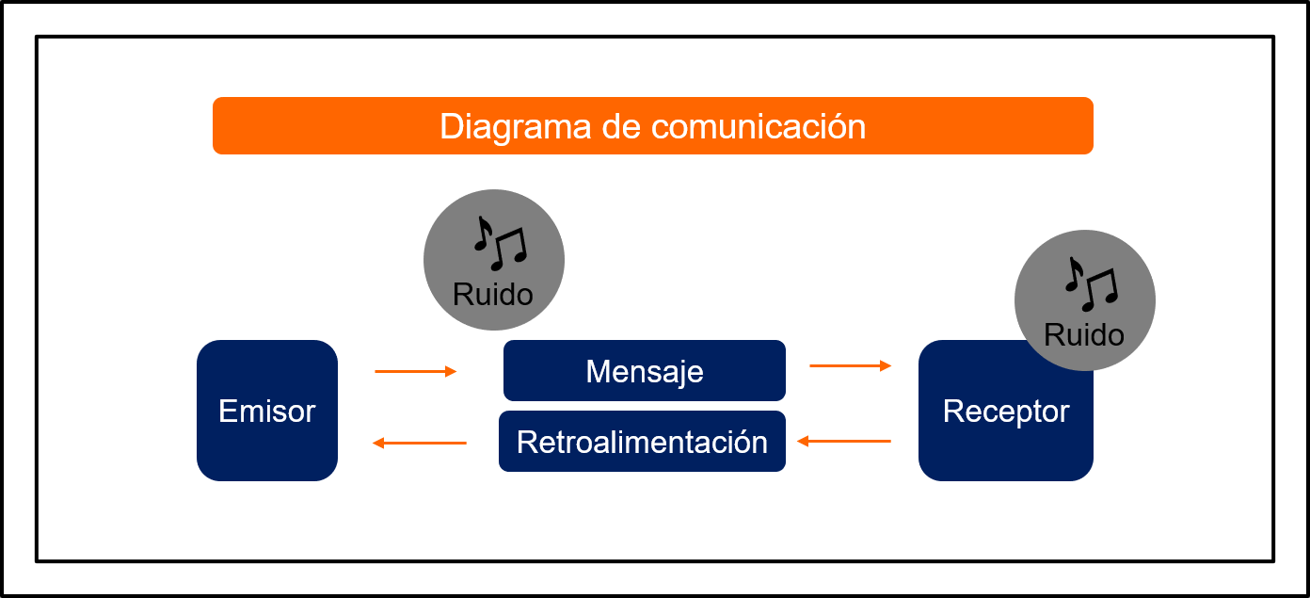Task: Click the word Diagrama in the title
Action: coord(515,127)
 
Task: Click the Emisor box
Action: coord(267,411)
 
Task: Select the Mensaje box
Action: coord(645,370)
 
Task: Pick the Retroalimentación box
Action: coord(642,441)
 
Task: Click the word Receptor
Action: coord(1006,411)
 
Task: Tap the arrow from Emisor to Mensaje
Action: coord(415,371)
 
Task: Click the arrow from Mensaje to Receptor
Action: coord(851,365)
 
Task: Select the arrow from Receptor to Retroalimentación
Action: coord(844,441)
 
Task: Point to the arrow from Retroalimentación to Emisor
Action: coord(420,443)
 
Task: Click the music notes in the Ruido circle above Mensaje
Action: coord(501,243)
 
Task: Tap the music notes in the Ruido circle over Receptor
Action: coord(1092,284)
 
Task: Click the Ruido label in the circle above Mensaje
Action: coord(492,294)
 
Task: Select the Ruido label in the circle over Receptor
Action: coord(1084,334)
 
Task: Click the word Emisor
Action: coord(267,411)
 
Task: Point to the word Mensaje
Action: coord(645,372)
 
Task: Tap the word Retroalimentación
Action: coord(642,442)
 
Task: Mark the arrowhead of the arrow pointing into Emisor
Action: coord(377,443)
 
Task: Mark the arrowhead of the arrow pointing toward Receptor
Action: coord(886,365)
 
